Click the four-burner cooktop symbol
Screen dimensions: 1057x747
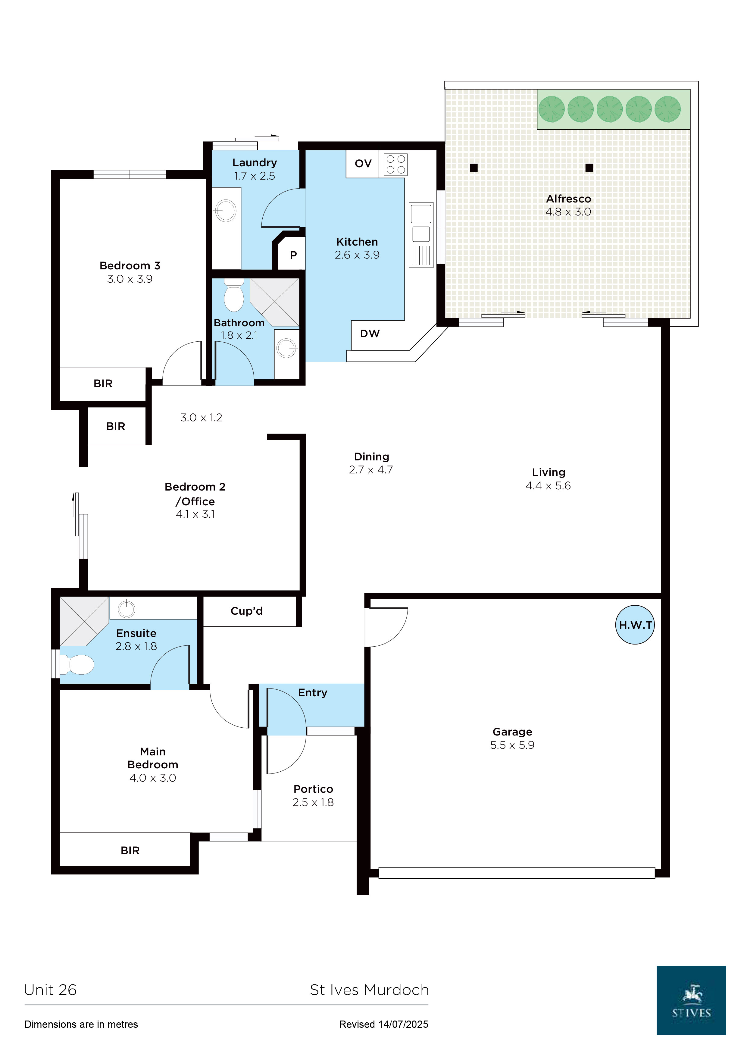[x=395, y=164]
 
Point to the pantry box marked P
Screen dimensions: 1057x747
[x=293, y=255]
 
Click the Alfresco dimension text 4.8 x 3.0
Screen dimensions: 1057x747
[x=568, y=212]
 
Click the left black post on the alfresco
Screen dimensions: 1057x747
[x=474, y=168]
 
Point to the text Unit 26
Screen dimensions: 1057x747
[x=50, y=990]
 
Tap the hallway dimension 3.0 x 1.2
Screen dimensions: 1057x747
[x=201, y=418]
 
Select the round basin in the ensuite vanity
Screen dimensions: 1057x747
[x=127, y=609]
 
